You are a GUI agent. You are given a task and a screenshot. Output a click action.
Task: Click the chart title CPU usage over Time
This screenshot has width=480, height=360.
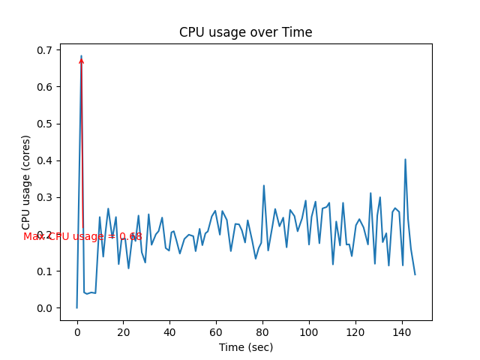245,32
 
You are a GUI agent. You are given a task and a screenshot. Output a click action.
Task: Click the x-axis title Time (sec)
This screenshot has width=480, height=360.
245,347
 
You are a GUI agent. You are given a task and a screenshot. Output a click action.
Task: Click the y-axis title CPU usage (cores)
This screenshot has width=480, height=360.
26,182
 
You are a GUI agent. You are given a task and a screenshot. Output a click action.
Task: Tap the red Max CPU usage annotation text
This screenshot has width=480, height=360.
82,236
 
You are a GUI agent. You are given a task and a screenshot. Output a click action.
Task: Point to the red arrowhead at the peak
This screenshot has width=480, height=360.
81,61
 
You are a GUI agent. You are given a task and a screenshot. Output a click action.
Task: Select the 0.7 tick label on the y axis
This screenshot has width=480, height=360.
46,50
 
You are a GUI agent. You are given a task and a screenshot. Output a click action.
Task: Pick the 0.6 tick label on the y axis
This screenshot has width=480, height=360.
46,87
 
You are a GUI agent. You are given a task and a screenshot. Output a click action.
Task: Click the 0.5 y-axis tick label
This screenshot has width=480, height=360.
46,124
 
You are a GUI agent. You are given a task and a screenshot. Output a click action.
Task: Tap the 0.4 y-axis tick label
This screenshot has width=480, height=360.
46,160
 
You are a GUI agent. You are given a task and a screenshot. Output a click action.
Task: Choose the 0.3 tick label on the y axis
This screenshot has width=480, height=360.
46,197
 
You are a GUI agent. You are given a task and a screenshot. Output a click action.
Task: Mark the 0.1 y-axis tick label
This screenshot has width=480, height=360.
46,271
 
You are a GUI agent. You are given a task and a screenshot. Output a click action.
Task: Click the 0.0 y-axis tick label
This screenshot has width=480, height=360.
46,308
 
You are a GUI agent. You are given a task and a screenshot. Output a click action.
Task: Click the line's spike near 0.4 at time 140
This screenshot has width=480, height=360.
405,159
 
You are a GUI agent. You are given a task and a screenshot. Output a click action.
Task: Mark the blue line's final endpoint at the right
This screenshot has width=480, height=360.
415,274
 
